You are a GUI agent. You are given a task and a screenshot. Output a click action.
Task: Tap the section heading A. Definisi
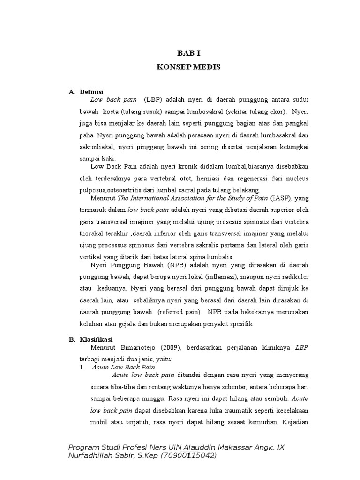tap(86, 91)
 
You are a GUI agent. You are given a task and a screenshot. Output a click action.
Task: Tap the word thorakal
tap(94, 233)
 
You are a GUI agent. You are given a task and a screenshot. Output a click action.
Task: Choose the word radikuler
tap(294, 277)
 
